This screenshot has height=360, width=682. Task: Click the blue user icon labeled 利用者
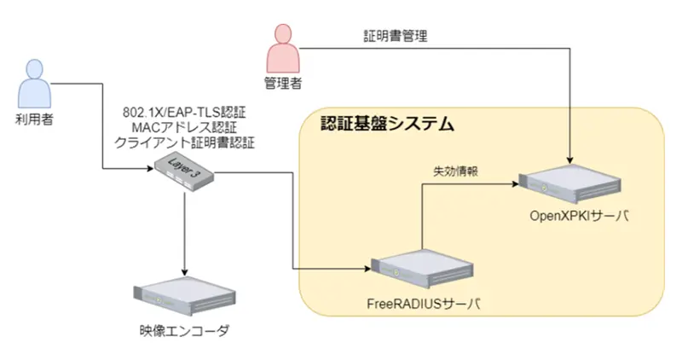(35, 82)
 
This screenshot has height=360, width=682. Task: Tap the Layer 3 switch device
(183, 173)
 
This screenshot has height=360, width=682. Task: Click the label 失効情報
(454, 171)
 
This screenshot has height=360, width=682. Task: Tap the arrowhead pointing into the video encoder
(184, 267)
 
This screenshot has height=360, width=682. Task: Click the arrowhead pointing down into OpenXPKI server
(568, 160)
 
